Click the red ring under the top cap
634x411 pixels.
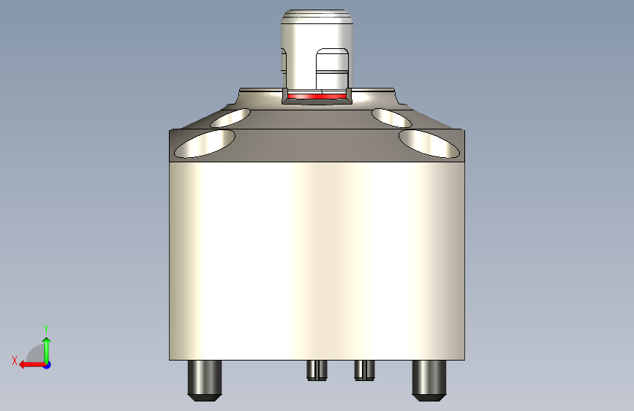click(x=317, y=96)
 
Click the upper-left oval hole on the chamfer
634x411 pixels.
click(x=230, y=116)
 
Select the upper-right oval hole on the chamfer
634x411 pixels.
click(x=390, y=117)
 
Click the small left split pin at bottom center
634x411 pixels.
click(x=316, y=370)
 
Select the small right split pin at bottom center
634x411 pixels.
click(x=364, y=370)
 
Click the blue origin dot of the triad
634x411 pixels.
click(x=47, y=364)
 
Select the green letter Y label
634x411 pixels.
click(x=46, y=328)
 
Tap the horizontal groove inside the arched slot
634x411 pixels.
click(x=333, y=73)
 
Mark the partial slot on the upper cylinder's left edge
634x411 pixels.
click(x=283, y=62)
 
